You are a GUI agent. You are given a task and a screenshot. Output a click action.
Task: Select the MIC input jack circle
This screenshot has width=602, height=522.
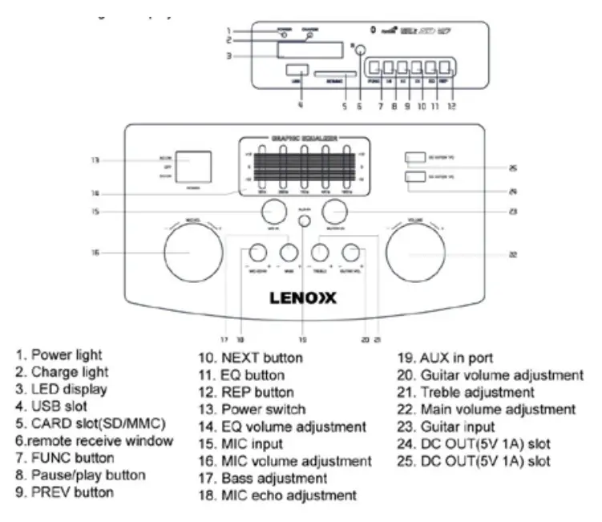point(273,212)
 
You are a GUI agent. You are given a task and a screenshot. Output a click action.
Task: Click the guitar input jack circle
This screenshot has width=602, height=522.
point(335,212)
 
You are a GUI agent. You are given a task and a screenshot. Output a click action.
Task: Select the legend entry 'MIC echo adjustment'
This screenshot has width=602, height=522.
point(277,496)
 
